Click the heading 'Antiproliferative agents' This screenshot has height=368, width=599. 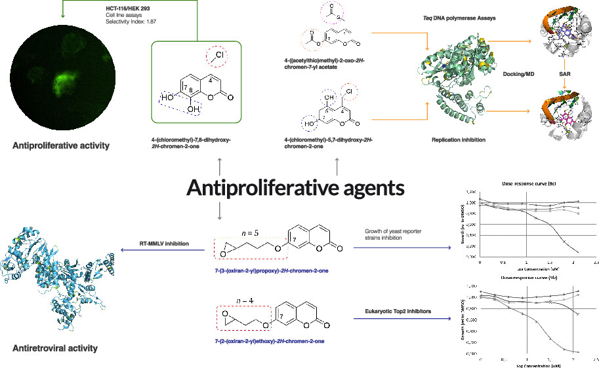click(x=295, y=189)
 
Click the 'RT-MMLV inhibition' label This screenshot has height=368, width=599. click(x=164, y=244)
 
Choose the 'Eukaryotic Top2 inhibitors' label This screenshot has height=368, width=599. click(x=394, y=312)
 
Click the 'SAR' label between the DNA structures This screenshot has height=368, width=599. click(x=564, y=75)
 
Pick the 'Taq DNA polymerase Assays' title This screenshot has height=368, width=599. click(x=449, y=18)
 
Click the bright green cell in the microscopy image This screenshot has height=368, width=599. click(x=60, y=82)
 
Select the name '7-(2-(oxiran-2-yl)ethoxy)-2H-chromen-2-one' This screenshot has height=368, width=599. click(x=264, y=342)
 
